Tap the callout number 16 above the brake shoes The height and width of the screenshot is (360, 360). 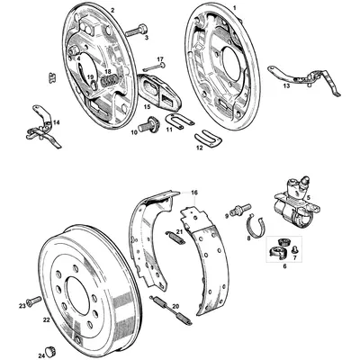[193, 193]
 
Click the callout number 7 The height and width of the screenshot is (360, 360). [294, 256]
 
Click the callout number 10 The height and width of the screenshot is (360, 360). [133, 132]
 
